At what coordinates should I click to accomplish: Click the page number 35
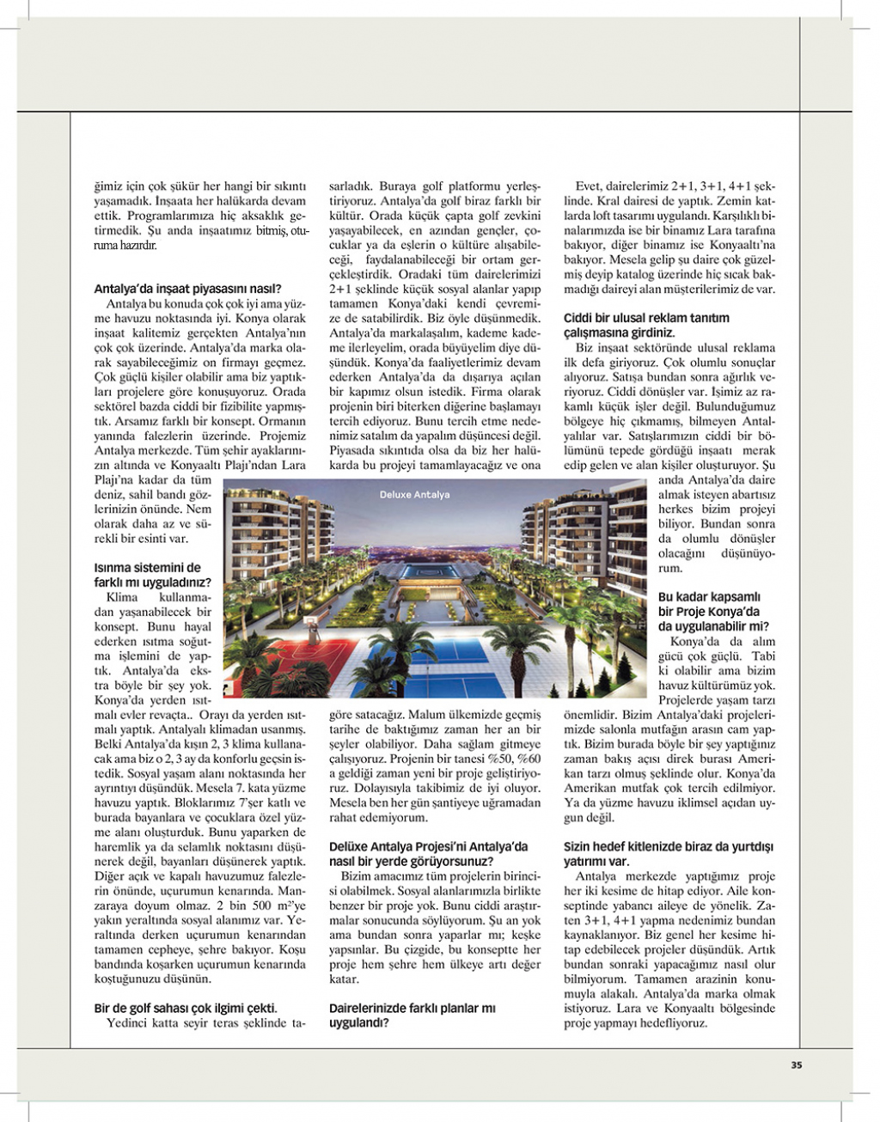point(796,1065)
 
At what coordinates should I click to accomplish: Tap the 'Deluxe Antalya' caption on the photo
point(414,495)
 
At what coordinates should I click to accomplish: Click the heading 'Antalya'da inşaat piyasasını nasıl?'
point(188,290)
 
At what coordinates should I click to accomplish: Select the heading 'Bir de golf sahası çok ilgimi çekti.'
point(186,1009)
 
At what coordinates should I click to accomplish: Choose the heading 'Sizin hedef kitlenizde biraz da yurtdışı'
point(669,846)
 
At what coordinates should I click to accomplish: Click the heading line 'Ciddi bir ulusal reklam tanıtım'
point(646,318)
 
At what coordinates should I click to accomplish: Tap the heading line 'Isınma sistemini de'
point(147,568)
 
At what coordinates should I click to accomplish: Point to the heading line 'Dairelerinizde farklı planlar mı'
point(412,1009)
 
